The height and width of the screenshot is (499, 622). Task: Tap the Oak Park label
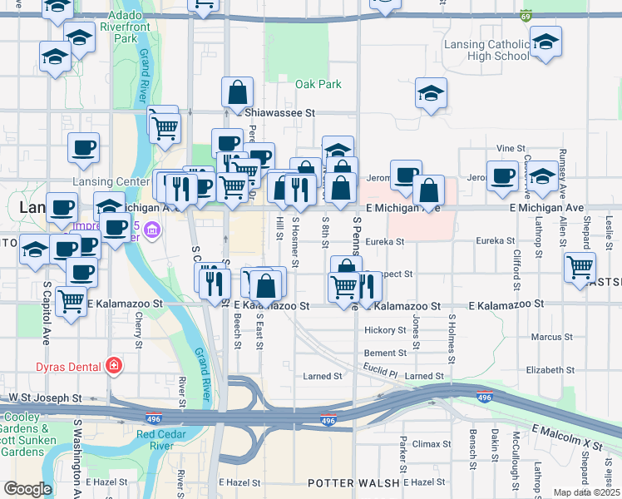[318, 85]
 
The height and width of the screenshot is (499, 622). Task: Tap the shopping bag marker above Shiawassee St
[237, 92]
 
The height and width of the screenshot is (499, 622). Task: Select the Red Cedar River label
[165, 439]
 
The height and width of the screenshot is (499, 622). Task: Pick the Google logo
[27, 489]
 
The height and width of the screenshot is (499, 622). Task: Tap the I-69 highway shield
[526, 16]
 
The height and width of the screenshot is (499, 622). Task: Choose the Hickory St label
[384, 330]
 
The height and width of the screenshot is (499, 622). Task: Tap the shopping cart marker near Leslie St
[580, 268]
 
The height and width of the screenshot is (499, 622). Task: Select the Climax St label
[431, 445]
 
